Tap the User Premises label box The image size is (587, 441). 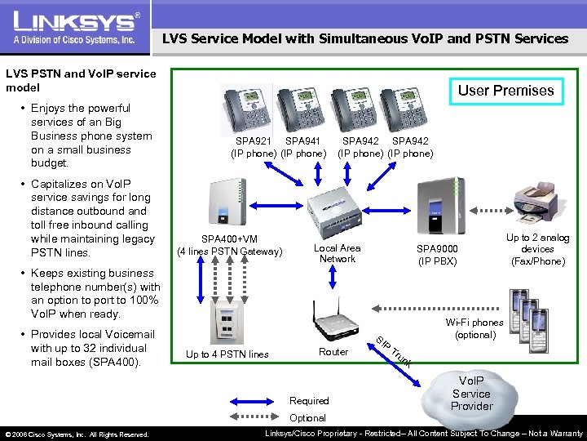click(x=505, y=91)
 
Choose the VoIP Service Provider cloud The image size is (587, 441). click(x=472, y=394)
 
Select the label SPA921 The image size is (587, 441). click(x=254, y=141)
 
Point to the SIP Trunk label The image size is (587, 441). click(x=395, y=351)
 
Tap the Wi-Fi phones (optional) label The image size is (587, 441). click(x=474, y=328)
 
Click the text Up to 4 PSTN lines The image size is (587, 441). click(x=227, y=354)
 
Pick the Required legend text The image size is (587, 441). click(x=309, y=400)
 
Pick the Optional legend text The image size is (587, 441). click(x=307, y=417)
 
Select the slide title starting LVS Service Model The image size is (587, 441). click(x=364, y=38)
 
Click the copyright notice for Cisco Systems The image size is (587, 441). click(x=77, y=434)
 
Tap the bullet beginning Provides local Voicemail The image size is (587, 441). click(x=92, y=348)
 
